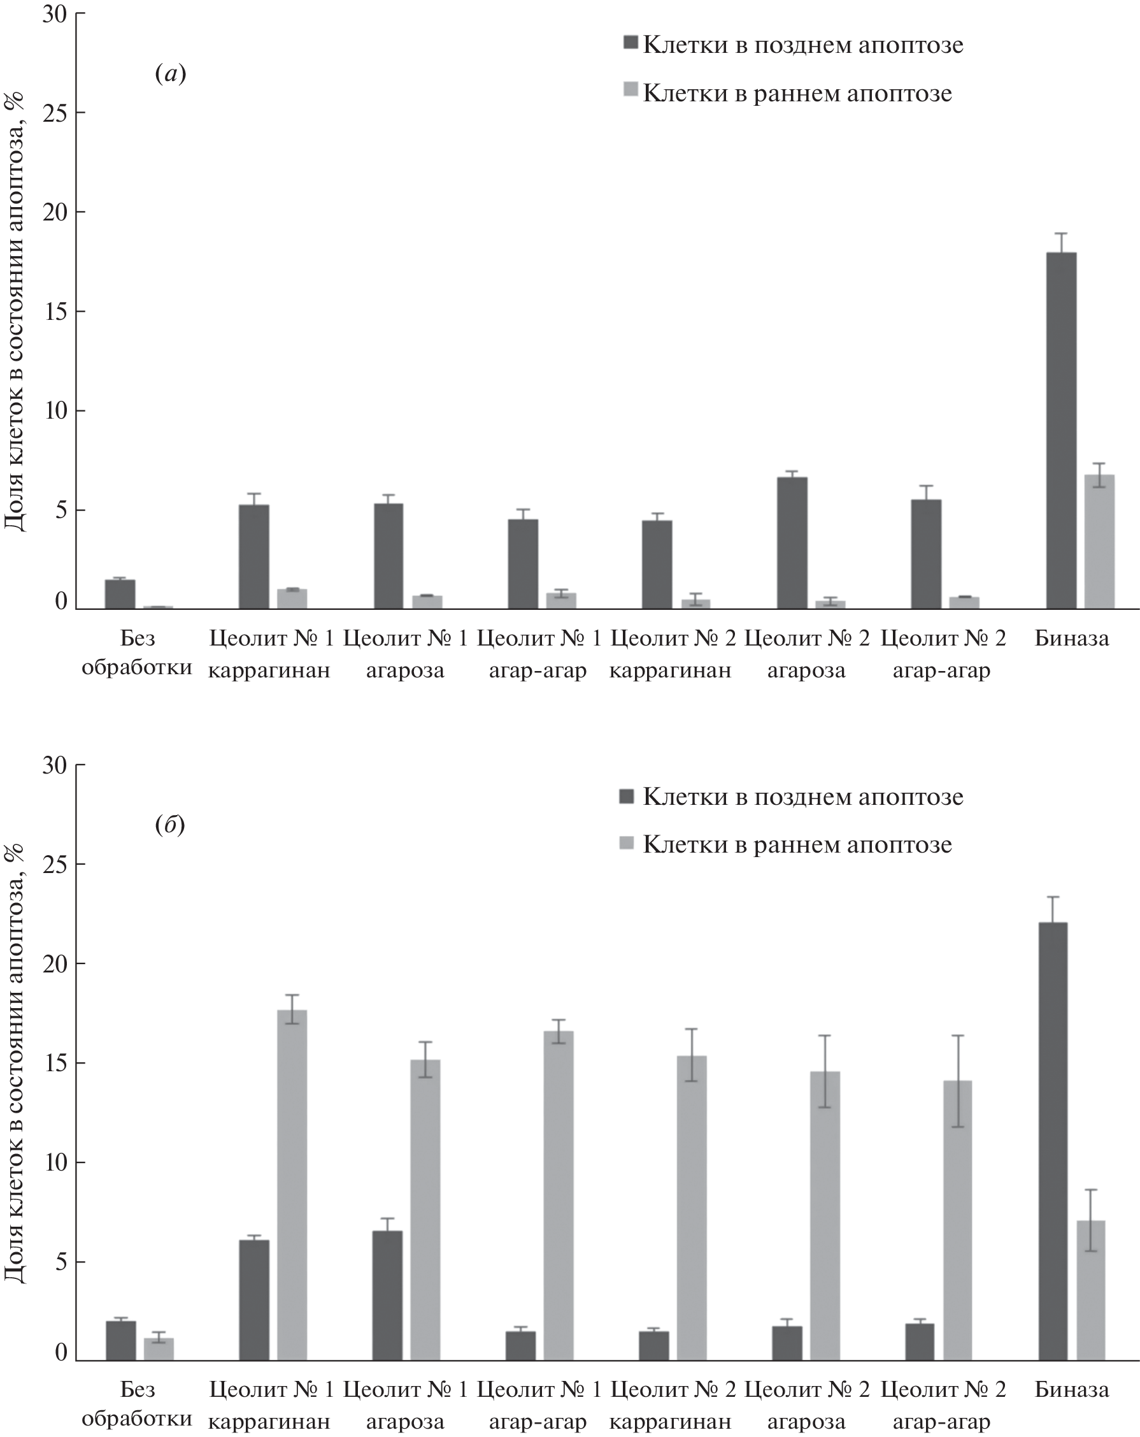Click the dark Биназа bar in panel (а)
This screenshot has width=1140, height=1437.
(x=1061, y=431)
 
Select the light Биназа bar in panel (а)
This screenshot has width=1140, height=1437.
(x=1099, y=541)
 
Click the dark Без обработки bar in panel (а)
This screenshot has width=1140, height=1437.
(x=120, y=594)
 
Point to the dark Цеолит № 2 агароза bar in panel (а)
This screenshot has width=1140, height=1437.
(x=792, y=542)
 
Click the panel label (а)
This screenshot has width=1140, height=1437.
(x=171, y=73)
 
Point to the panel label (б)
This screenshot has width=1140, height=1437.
(x=170, y=825)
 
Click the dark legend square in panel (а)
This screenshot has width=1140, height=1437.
(x=631, y=43)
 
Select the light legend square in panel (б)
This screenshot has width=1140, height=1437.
(x=626, y=843)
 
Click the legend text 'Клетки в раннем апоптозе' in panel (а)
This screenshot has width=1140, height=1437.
(x=797, y=93)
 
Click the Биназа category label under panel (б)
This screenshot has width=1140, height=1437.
(x=1071, y=1389)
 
